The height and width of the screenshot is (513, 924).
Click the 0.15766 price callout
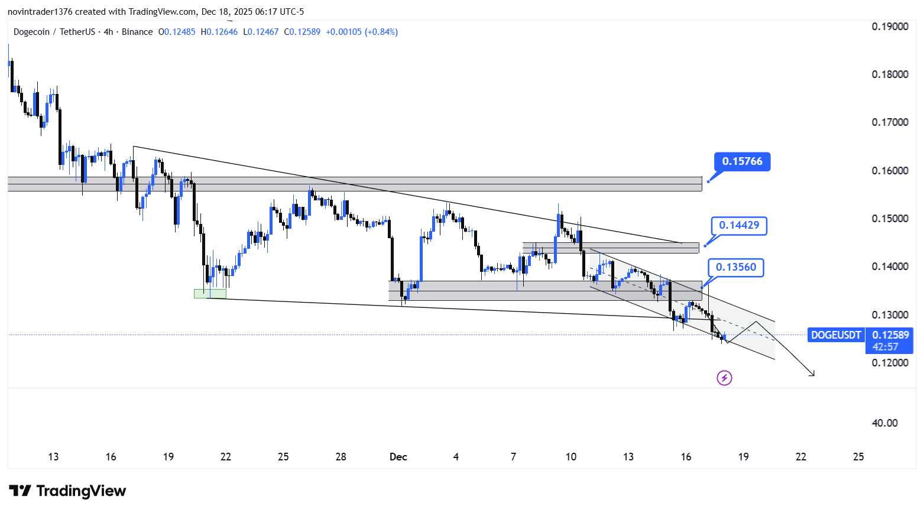(x=742, y=161)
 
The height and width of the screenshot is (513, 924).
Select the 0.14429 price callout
(x=739, y=225)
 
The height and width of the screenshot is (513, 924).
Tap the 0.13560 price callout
(x=735, y=267)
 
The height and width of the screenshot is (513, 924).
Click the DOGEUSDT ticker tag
(x=835, y=335)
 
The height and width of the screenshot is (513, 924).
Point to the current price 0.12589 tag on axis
(x=890, y=335)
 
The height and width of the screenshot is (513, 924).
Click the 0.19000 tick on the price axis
(x=890, y=27)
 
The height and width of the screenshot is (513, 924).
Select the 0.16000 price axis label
(x=890, y=171)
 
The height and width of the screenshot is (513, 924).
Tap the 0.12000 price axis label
(x=890, y=363)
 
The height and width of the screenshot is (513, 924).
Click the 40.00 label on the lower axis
(x=884, y=423)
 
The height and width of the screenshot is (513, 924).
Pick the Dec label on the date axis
(x=398, y=457)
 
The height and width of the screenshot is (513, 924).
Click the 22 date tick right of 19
(x=800, y=457)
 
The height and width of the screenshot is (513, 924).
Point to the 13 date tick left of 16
(x=53, y=457)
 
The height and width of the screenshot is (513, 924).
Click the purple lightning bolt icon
(x=724, y=378)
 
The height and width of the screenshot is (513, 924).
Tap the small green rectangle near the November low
(x=210, y=293)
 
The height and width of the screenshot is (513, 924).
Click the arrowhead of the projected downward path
(x=812, y=374)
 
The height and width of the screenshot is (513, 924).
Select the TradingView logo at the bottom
(x=67, y=491)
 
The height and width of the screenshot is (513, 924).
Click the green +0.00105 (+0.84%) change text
(x=362, y=32)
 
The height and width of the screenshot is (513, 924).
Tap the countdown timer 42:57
(x=885, y=347)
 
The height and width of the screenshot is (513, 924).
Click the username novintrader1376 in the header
(x=40, y=12)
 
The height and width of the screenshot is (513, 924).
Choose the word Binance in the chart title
(x=137, y=32)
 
